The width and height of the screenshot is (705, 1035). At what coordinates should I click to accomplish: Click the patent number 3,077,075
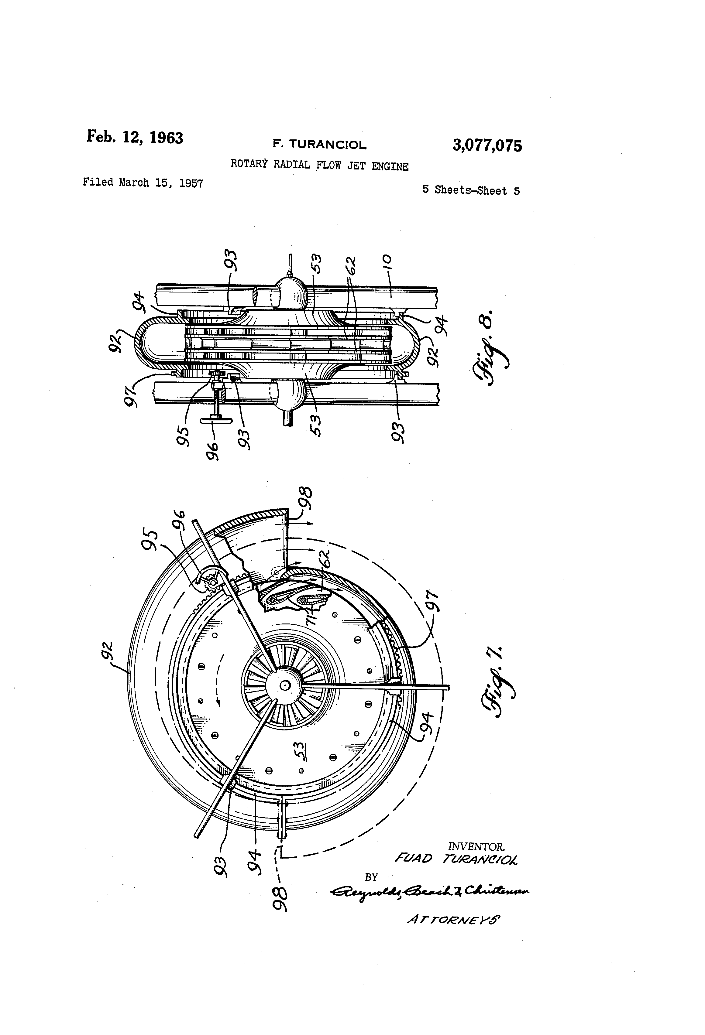[487, 146]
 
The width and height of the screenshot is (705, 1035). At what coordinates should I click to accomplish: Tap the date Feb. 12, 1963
[135, 137]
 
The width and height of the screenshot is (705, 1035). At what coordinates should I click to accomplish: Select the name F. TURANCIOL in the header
[319, 144]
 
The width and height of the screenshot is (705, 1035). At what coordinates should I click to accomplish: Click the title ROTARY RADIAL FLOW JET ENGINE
[319, 165]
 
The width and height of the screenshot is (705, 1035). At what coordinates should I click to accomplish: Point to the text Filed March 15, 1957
[143, 183]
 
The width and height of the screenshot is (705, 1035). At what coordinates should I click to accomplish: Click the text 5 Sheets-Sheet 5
[471, 191]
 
